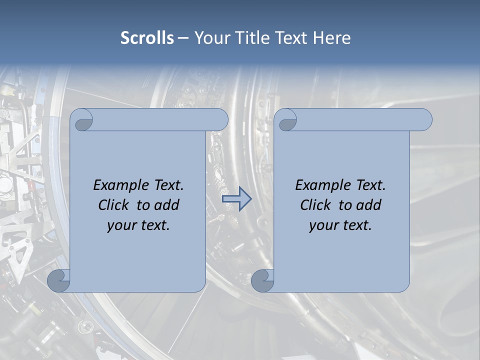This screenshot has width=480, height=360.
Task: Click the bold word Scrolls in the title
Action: click(x=147, y=38)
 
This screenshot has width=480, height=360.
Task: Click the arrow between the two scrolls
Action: click(x=236, y=198)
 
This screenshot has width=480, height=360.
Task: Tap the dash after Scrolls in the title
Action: click(x=183, y=38)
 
